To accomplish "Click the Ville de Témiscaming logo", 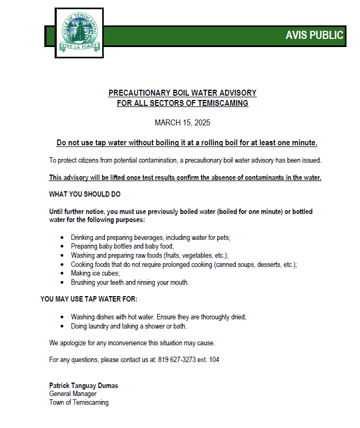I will (x=79, y=33).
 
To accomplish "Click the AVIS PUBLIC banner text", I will (x=314, y=36).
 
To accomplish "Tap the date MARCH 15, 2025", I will (x=182, y=123).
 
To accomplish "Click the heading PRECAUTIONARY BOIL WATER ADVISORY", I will (x=182, y=93).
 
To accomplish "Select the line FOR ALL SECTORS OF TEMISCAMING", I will (x=182, y=103).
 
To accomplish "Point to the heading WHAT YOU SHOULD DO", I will (x=85, y=194).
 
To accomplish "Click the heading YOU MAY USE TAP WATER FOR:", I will (x=89, y=299).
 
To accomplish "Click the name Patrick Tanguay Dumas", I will (x=83, y=386).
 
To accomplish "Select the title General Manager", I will (x=73, y=394).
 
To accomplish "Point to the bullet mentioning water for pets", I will (x=151, y=237).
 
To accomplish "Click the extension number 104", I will (x=215, y=359).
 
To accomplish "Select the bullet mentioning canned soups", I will (x=184, y=264).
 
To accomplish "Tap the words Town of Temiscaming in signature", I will (x=79, y=403).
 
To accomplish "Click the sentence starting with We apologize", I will (x=132, y=343).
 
